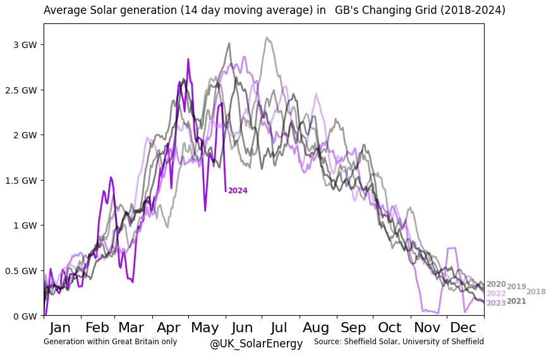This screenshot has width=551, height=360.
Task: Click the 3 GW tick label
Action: tap(25, 45)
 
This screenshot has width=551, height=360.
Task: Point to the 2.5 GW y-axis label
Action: tap(21, 90)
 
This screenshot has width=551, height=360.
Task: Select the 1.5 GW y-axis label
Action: tap(21, 180)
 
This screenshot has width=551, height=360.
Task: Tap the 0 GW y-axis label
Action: tap(25, 316)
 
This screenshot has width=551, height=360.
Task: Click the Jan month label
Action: tap(60, 328)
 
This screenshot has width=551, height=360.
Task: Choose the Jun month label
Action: tap(243, 328)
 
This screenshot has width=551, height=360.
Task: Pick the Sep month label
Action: tap(353, 328)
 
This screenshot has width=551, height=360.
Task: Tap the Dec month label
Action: tap(463, 328)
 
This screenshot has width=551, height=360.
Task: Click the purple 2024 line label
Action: tap(238, 191)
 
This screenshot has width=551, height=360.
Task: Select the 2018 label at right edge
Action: tap(536, 292)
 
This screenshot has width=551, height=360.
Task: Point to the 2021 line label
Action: tap(516, 301)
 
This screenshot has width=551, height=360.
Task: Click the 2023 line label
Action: tap(496, 303)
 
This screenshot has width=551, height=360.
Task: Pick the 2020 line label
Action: tap(496, 284)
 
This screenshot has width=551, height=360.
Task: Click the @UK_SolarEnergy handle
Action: tap(256, 344)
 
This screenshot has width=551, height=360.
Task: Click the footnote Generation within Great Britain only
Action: tap(110, 342)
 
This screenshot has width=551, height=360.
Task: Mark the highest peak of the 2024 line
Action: tap(188, 59)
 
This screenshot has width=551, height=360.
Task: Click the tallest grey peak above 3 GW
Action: tap(267, 38)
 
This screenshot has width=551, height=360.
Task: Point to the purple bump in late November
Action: tap(451, 249)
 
